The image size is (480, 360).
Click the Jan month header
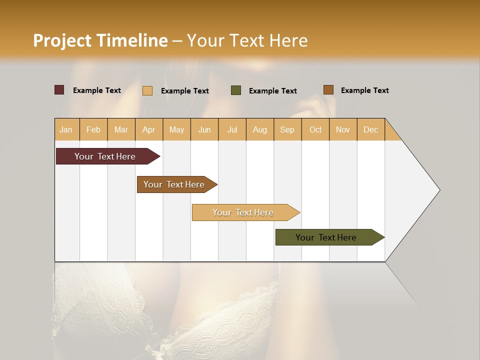(66, 129)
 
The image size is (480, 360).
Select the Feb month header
(93, 129)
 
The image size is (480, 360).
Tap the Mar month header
(121, 129)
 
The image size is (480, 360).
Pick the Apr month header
(149, 129)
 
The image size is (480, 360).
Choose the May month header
(176, 129)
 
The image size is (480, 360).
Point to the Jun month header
(204, 129)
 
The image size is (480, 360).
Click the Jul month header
(232, 129)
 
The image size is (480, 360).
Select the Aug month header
(260, 129)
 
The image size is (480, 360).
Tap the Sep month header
(287, 129)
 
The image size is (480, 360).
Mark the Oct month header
(315, 129)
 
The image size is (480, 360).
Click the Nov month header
(343, 129)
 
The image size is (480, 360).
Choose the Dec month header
(371, 129)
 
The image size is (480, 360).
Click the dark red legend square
(59, 90)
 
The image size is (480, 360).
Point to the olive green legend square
(236, 90)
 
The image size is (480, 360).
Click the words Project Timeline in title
(100, 40)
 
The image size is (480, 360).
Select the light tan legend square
(147, 90)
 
